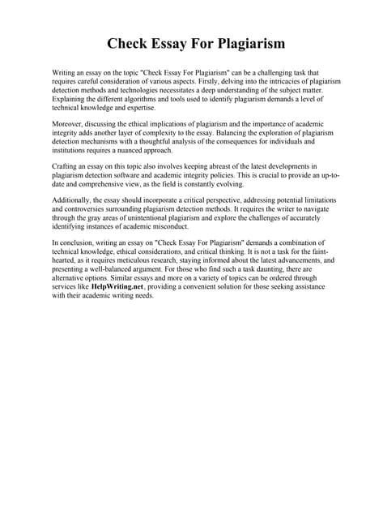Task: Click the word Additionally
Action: (x=74, y=199)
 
